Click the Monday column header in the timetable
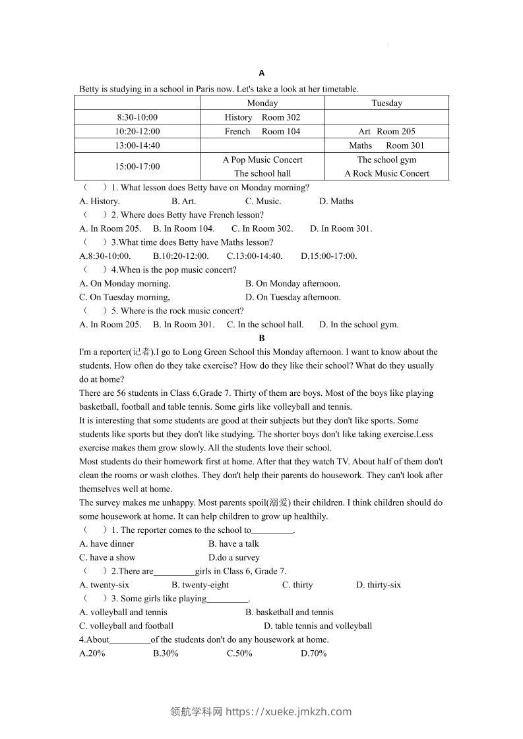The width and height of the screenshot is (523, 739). pyautogui.click(x=262, y=103)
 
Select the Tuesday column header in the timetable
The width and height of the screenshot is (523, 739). pyautogui.click(x=386, y=103)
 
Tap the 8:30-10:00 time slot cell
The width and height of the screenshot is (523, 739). pyautogui.click(x=137, y=117)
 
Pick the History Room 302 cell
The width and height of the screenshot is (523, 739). pyautogui.click(x=262, y=117)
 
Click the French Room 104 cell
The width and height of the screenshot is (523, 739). pyautogui.click(x=262, y=131)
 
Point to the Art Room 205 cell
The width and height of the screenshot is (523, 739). pyautogui.click(x=386, y=131)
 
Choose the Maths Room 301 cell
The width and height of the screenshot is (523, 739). pyautogui.click(x=386, y=146)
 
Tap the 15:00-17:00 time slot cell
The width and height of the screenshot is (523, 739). pyautogui.click(x=137, y=167)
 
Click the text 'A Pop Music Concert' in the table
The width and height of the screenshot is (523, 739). pyautogui.click(x=262, y=159)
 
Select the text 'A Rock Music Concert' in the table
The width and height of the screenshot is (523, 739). pyautogui.click(x=386, y=173)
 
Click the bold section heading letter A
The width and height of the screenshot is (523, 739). pyautogui.click(x=262, y=73)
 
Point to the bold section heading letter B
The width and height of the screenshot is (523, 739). pyautogui.click(x=262, y=338)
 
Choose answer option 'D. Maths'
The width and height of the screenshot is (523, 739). pyautogui.click(x=336, y=202)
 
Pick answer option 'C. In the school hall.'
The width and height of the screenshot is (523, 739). pyautogui.click(x=265, y=324)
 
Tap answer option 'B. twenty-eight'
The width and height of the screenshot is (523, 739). pyautogui.click(x=200, y=585)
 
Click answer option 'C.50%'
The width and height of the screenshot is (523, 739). pyautogui.click(x=239, y=653)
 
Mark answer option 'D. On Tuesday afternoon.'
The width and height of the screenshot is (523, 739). pyautogui.click(x=293, y=297)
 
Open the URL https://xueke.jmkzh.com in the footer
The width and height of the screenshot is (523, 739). pyautogui.click(x=289, y=711)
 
